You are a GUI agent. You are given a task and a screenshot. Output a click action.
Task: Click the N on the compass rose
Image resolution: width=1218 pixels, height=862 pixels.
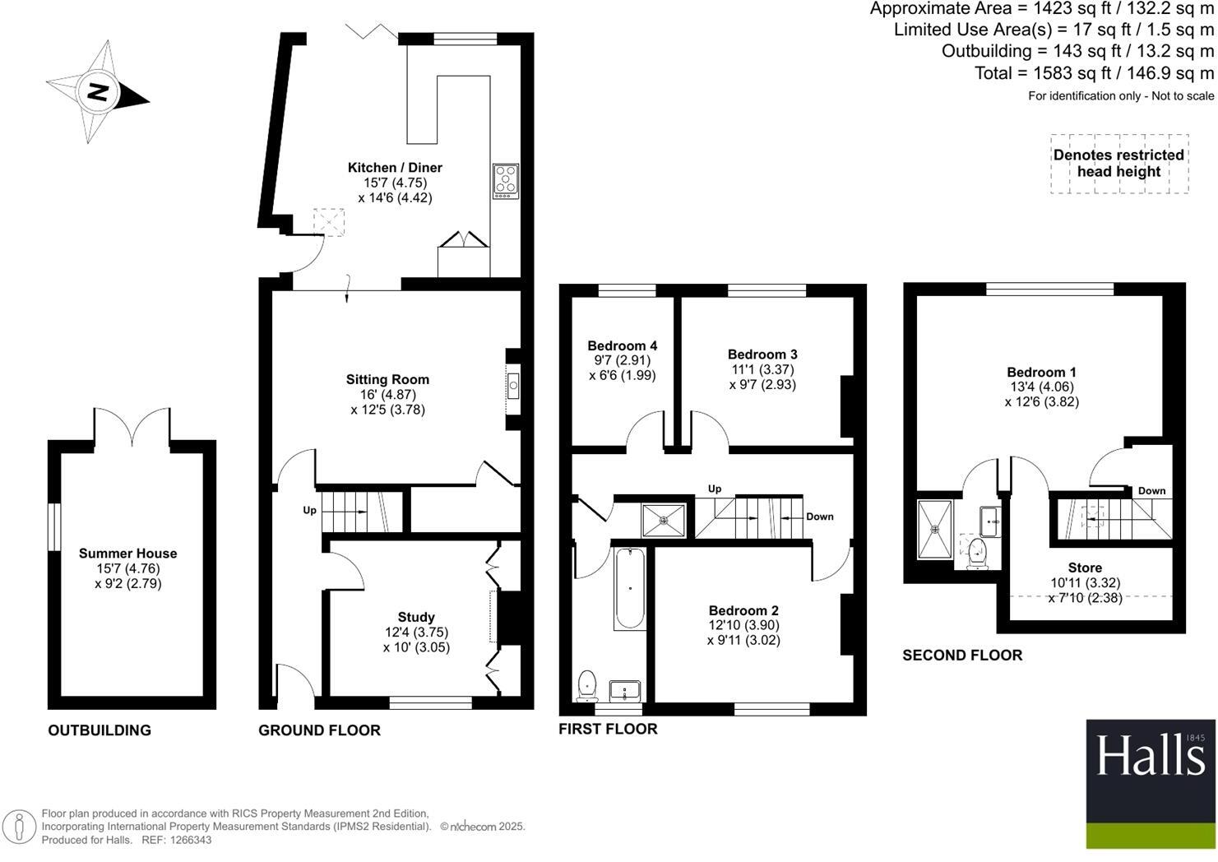point(98,91)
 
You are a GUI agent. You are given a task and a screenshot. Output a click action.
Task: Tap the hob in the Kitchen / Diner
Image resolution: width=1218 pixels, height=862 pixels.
point(506,181)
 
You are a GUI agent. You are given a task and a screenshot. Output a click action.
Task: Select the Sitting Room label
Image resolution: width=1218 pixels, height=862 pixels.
point(387,379)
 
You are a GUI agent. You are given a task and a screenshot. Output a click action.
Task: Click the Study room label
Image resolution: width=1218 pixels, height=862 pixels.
point(416,617)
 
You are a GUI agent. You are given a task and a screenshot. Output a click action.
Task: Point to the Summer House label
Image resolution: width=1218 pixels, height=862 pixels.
point(127,553)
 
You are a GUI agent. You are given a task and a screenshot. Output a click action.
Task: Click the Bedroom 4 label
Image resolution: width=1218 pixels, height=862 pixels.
point(623,345)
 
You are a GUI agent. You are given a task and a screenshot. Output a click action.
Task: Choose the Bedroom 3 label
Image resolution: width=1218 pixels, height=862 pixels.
point(763,354)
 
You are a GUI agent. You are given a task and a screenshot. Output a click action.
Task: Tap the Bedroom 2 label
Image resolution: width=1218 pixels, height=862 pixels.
point(743,610)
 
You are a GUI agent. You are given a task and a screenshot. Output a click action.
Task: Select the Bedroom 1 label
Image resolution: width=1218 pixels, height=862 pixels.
point(1042,372)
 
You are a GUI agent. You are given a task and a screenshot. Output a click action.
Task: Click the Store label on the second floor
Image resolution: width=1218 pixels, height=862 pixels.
point(1086,568)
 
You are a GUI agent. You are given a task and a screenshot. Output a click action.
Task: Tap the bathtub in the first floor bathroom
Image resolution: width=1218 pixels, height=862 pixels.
point(630,588)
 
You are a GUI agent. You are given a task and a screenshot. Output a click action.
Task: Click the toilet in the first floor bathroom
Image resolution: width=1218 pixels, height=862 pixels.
point(586,686)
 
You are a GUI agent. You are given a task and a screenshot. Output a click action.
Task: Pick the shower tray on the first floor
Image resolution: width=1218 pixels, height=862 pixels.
point(664,521)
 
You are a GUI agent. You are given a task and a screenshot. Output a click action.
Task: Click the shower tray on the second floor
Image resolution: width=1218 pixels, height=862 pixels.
point(935,529)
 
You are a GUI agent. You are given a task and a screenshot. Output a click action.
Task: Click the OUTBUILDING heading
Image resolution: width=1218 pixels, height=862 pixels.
point(100,730)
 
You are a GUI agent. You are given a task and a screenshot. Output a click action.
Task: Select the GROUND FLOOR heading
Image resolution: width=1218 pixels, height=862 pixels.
point(320,730)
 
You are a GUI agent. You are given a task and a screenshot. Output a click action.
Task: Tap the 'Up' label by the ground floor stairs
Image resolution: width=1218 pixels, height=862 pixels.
point(309,510)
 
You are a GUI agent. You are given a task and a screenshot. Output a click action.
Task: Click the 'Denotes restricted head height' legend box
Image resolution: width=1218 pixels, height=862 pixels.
point(1119,164)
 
